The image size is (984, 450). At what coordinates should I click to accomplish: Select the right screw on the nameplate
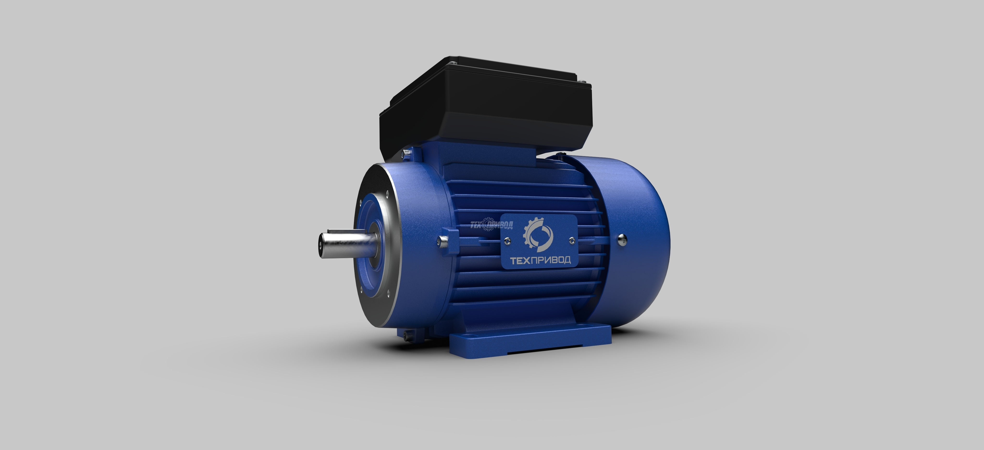572,240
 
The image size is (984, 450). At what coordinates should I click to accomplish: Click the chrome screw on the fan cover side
622,239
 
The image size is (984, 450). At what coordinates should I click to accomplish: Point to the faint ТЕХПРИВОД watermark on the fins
491,225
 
